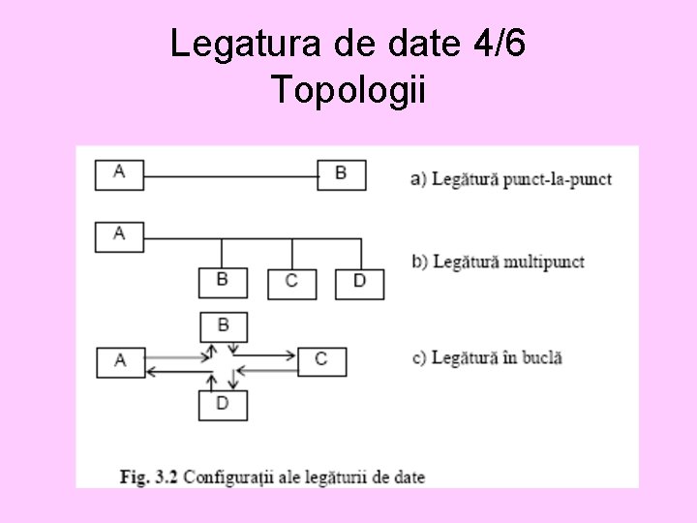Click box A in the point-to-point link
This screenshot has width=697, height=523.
point(119,174)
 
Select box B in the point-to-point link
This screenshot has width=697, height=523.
point(342,174)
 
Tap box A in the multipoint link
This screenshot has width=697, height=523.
point(119,236)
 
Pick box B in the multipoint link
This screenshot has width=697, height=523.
point(223,282)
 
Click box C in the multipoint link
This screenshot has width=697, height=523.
point(291,283)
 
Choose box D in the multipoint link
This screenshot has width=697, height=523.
point(359,283)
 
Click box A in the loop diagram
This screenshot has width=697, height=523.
point(120,362)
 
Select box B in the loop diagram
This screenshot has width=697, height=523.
point(223,326)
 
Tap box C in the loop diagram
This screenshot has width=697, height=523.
point(321,361)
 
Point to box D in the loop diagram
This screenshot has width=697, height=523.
point(223,405)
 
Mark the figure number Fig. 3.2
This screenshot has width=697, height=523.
point(148,477)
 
